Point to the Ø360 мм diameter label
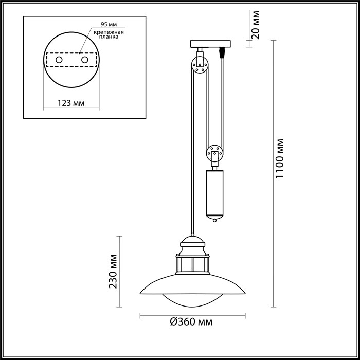click(x=191, y=322)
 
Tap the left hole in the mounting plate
click(x=59, y=61)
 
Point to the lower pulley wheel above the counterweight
click(x=215, y=153)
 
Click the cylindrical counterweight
click(x=215, y=192)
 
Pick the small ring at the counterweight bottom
click(x=215, y=221)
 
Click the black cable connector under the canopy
click(x=222, y=52)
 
